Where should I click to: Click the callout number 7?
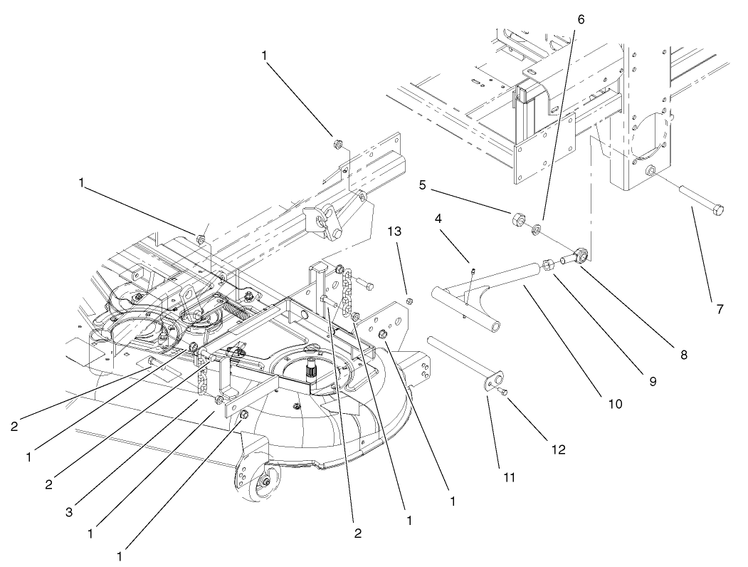point(720,309)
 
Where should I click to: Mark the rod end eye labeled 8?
point(580,253)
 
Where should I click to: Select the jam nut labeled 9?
point(549,264)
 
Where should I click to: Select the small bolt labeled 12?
point(504,392)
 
